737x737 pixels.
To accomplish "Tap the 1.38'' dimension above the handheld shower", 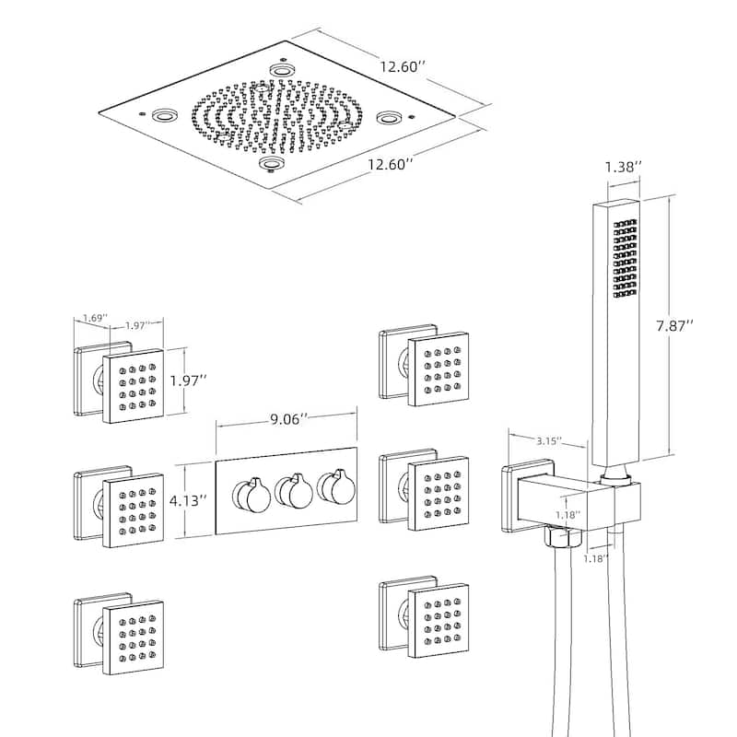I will click(x=624, y=167).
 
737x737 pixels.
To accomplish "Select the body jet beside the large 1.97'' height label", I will click(x=133, y=385).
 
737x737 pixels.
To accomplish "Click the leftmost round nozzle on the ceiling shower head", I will click(x=166, y=117).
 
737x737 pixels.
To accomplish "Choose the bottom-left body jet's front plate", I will click(x=133, y=635).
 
